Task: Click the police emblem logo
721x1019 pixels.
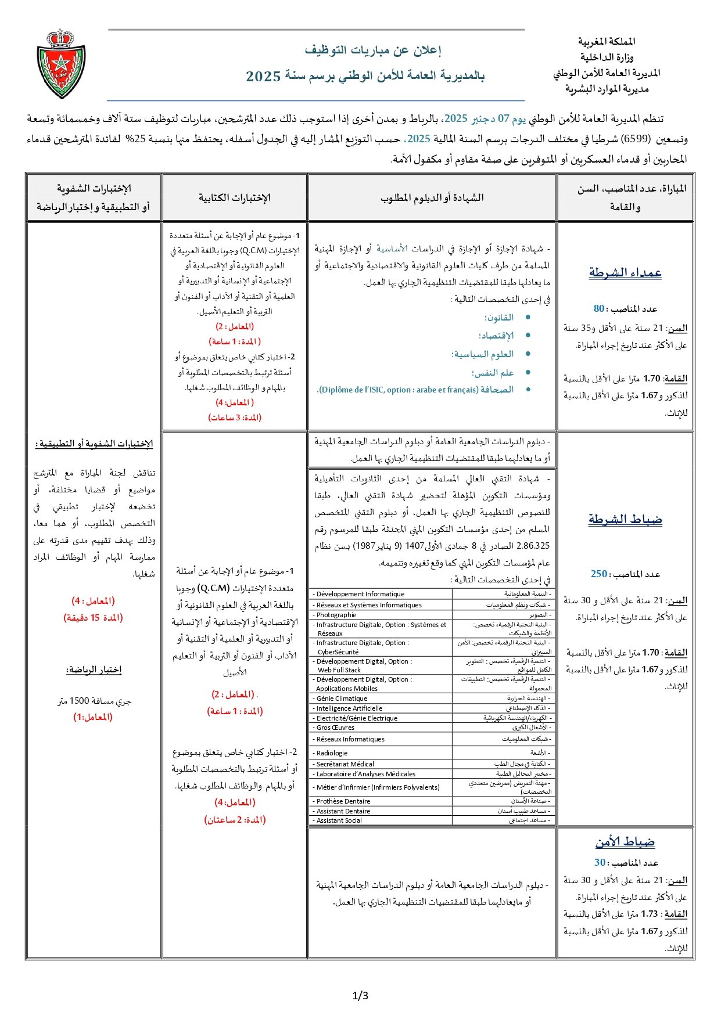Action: [x=60, y=64]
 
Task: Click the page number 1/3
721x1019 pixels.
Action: [x=360, y=995]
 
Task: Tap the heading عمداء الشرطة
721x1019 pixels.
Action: [x=625, y=272]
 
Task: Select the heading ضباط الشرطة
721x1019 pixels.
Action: [x=625, y=519]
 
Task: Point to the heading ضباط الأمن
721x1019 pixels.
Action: [x=625, y=841]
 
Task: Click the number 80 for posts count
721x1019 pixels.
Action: [x=599, y=309]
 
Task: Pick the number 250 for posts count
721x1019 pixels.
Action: [x=599, y=574]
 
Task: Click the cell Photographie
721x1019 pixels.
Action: [x=336, y=615]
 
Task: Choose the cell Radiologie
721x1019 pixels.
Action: [x=332, y=753]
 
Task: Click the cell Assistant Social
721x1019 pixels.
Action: [x=339, y=820]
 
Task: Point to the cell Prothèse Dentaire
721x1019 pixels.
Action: [x=343, y=801]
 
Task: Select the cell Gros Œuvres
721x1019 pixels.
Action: [x=335, y=728]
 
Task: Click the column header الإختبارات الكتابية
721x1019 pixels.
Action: [x=235, y=198]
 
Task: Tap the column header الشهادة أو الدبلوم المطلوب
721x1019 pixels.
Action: [x=432, y=198]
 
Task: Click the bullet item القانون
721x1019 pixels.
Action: [x=499, y=318]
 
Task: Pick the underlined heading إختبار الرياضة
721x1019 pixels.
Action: [x=94, y=670]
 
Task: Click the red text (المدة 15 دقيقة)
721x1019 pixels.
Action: [x=94, y=618]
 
